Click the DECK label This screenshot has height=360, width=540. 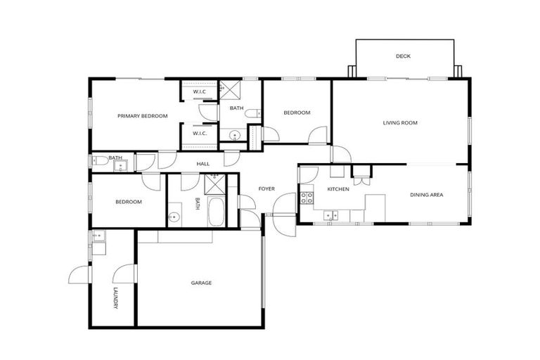[403, 56]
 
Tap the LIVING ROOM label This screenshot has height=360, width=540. [400, 123]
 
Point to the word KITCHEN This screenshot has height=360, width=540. [338, 190]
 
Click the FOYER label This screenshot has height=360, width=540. [266, 188]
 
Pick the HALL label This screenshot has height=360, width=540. [203, 164]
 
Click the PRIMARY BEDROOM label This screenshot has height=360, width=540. [142, 116]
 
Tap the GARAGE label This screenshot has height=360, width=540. [201, 283]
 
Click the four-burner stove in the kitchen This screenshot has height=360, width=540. [307, 198]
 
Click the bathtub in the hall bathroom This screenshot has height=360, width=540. [216, 212]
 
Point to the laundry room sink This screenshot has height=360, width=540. [97, 236]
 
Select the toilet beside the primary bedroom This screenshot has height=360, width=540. [101, 161]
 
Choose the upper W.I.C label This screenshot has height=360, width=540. [199, 92]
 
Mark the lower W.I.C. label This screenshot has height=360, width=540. [199, 133]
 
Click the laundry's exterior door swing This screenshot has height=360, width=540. [79, 274]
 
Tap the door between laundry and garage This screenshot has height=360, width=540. [124, 274]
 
